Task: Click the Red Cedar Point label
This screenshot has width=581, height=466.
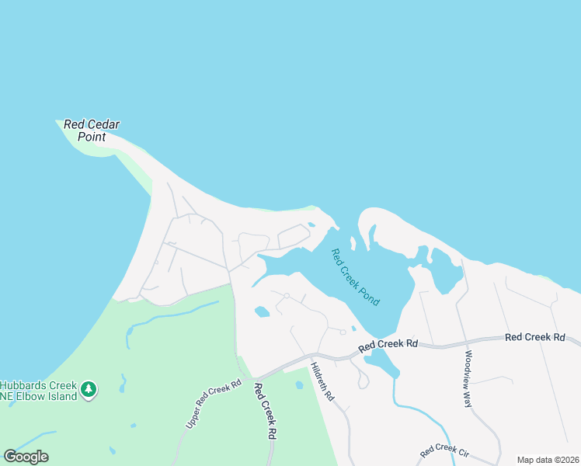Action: pos(92,130)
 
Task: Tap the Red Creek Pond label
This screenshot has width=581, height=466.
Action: pos(355,277)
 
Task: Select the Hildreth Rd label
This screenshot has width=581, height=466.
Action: pos(322,381)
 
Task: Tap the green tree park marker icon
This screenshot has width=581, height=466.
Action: pos(89,388)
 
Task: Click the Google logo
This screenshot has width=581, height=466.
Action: pos(26,457)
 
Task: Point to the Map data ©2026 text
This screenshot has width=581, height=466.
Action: pos(548,460)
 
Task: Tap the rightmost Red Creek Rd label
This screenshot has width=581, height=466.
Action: pos(534,337)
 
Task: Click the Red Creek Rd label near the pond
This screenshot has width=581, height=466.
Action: pos(388,343)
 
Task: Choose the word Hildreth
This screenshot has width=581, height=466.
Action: pos(319,376)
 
